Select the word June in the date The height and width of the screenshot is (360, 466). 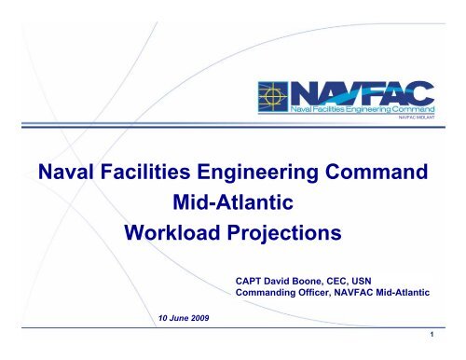coord(185,319)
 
